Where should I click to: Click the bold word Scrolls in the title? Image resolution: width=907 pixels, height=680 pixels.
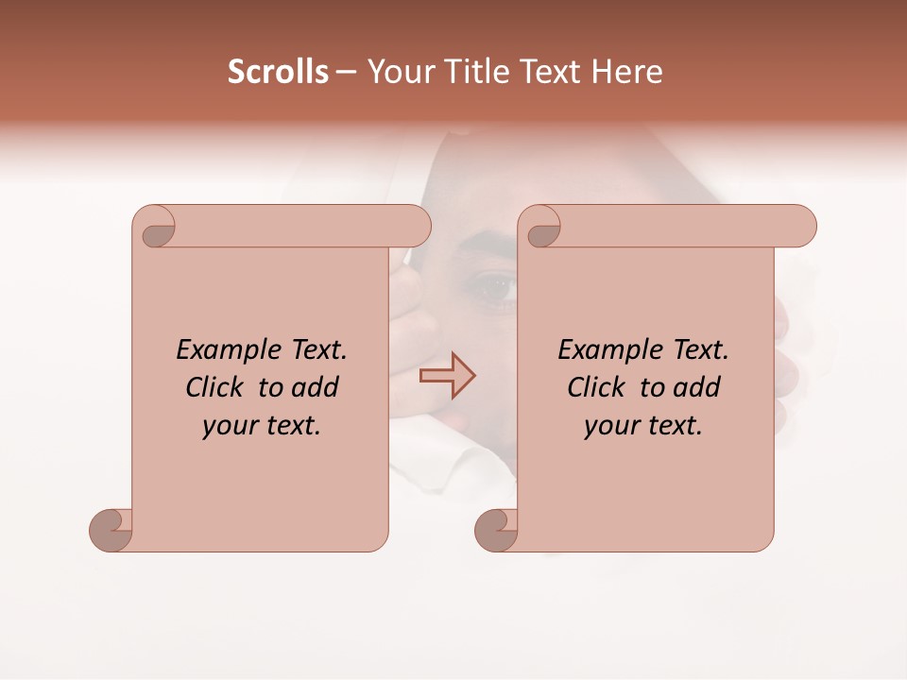click(x=278, y=72)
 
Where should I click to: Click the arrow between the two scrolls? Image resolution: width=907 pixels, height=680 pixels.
click(x=448, y=376)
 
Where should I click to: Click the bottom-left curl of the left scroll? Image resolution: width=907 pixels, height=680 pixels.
click(x=111, y=529)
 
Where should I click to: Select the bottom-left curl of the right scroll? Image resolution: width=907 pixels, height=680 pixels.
click(x=496, y=529)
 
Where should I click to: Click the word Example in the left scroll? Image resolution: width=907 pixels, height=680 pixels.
click(x=220, y=350)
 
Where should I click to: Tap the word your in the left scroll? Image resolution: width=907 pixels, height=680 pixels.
click(x=229, y=426)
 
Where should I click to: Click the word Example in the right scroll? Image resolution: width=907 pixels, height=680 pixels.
click(x=602, y=350)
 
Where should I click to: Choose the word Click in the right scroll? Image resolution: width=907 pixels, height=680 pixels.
click(x=594, y=388)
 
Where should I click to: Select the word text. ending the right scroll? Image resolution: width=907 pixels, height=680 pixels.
click(x=672, y=426)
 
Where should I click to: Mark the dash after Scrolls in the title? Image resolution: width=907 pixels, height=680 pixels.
click(x=346, y=73)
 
